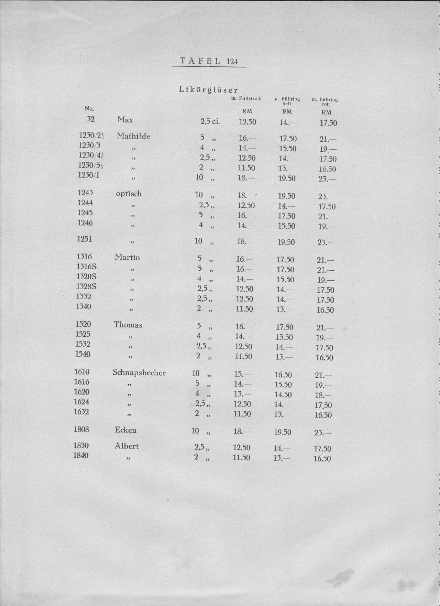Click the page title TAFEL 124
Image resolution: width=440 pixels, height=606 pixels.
coord(209,61)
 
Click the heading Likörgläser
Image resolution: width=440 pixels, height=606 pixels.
coord(208,90)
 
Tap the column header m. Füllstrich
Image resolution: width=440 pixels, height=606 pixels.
coord(246,99)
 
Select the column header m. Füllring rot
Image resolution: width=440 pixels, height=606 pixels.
coord(324,101)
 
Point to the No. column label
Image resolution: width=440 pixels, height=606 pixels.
coord(89,108)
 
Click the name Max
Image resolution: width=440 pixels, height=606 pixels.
coord(125,120)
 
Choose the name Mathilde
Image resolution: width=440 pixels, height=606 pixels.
coord(133,136)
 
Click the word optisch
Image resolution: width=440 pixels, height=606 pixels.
coord(129,194)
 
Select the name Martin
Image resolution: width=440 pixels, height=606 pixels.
coord(127,257)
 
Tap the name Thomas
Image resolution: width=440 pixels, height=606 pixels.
coord(128,325)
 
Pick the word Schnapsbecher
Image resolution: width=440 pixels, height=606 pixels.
coord(139,372)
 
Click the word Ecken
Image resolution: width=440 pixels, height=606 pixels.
coord(125,430)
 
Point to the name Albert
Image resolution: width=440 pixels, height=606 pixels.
coord(126,446)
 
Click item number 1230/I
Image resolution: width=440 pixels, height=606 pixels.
coord(89,175)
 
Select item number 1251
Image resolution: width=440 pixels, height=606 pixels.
coord(85,239)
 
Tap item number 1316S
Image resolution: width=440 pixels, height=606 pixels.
coord(86,267)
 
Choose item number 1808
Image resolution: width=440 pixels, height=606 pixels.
coord(81,429)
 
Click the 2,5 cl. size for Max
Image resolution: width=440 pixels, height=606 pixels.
coord(210,121)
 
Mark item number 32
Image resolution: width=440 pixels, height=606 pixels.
coord(90,119)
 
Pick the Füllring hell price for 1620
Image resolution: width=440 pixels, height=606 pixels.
coord(283,395)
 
